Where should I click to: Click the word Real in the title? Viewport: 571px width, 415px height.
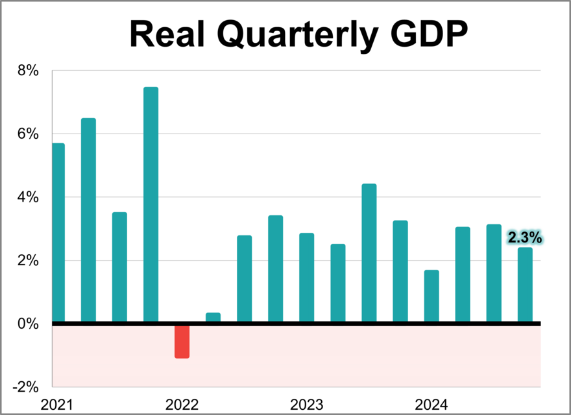pos(167,34)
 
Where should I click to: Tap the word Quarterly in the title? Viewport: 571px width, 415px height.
pos(292,34)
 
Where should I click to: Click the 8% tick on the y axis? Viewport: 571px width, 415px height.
pos(28,71)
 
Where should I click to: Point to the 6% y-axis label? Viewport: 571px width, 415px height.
pos(28,134)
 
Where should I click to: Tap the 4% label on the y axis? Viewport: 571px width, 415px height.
pos(28,197)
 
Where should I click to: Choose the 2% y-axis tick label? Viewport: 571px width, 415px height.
pos(28,261)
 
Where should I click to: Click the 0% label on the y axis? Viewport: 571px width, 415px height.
pos(28,324)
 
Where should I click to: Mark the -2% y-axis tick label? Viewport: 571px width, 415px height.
pos(26,387)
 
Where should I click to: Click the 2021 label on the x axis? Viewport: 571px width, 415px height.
pos(57,405)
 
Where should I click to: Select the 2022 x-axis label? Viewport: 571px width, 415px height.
pos(182,405)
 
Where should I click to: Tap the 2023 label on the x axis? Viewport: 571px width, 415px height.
pos(307,405)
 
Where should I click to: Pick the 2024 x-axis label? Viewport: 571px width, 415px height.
pos(431,405)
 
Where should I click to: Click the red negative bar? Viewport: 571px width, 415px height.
pos(182,341)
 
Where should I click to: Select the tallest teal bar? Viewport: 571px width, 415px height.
pos(151,205)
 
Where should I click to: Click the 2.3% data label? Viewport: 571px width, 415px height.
pos(524,238)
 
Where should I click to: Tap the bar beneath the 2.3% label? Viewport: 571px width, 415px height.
pos(525,285)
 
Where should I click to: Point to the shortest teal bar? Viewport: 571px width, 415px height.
pos(213,317)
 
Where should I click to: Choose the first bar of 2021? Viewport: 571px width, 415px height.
pos(58,233)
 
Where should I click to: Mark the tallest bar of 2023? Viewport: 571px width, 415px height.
pos(369,253)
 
